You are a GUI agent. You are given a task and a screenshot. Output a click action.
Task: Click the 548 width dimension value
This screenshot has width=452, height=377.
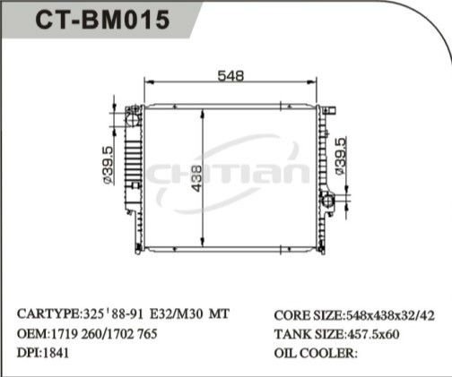tap(231, 76)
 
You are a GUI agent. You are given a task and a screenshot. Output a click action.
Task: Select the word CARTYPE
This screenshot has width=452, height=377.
tap(48, 315)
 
